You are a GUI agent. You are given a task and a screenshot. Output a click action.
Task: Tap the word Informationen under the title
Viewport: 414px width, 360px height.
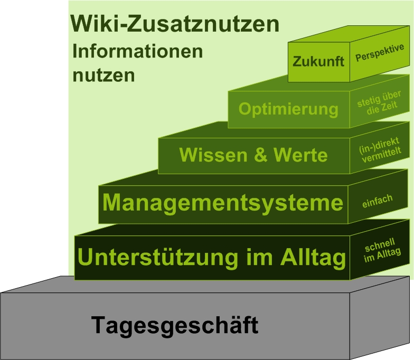(137, 52)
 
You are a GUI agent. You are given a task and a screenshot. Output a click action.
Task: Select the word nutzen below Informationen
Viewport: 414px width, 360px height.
(103, 75)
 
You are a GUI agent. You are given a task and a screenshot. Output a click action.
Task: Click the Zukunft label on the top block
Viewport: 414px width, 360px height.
(318, 61)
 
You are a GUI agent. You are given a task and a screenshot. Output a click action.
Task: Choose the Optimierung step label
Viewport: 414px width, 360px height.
(288, 109)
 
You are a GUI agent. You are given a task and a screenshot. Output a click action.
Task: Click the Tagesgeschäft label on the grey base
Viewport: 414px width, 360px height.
(175, 325)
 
